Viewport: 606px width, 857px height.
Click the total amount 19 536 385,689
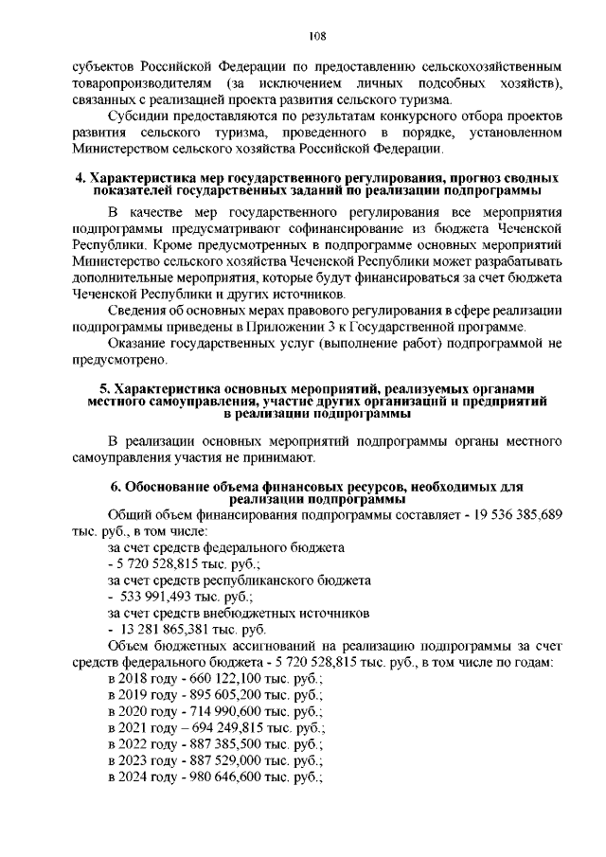tap(500, 513)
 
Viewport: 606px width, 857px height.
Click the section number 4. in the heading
tap(80, 178)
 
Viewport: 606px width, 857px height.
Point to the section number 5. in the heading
tap(104, 389)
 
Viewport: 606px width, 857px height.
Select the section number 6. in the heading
tap(116, 487)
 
